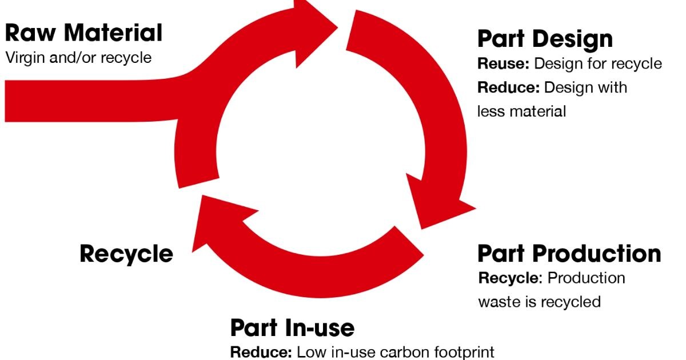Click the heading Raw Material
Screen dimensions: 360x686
coord(83,33)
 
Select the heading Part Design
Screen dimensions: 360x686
coord(544,39)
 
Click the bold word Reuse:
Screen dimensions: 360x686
coord(503,63)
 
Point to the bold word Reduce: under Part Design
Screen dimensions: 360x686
coord(508,87)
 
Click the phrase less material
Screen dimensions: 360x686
coord(521,111)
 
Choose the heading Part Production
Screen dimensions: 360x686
coord(569,254)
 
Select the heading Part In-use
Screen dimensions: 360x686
coord(292,328)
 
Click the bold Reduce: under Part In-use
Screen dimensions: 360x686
coord(261,351)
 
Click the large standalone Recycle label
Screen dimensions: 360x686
coord(126,253)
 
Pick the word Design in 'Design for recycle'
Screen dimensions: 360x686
coord(558,63)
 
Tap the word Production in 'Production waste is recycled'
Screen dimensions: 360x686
coord(586,278)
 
